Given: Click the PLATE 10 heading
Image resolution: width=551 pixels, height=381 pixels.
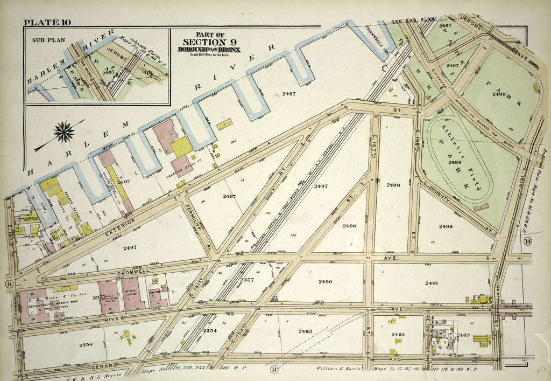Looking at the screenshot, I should [x=48, y=22].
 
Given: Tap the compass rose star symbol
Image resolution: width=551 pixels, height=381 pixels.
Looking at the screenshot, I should [x=64, y=132].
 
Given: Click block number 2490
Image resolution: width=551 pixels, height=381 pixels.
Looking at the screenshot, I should [x=324, y=282].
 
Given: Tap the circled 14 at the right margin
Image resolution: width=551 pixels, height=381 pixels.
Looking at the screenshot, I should [x=527, y=241].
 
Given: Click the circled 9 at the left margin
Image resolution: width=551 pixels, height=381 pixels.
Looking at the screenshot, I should [x=9, y=284].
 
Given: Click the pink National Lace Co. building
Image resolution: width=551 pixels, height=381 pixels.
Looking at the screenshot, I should [x=132, y=294].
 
